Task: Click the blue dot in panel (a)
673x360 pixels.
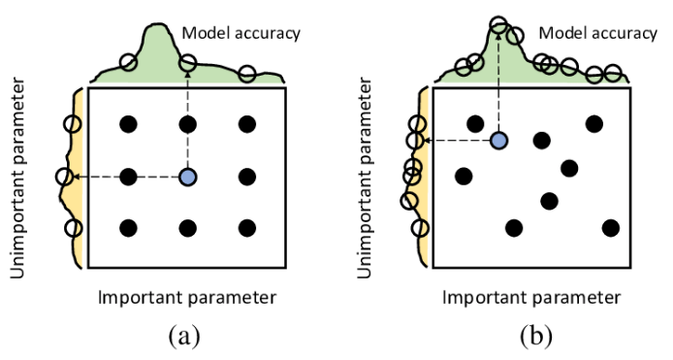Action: pyautogui.click(x=188, y=177)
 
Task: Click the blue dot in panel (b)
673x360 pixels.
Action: pyautogui.click(x=498, y=141)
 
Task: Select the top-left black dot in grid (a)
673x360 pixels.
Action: pyautogui.click(x=127, y=123)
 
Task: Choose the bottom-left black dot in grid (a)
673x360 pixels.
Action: pyautogui.click(x=127, y=228)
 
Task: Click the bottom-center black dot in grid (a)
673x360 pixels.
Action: pyautogui.click(x=188, y=228)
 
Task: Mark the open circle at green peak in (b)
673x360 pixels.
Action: pyautogui.click(x=497, y=25)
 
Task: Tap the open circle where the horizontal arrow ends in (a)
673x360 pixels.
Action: pyautogui.click(x=65, y=177)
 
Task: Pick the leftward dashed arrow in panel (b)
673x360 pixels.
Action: pyautogui.click(x=456, y=141)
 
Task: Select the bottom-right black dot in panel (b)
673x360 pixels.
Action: pyautogui.click(x=610, y=228)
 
